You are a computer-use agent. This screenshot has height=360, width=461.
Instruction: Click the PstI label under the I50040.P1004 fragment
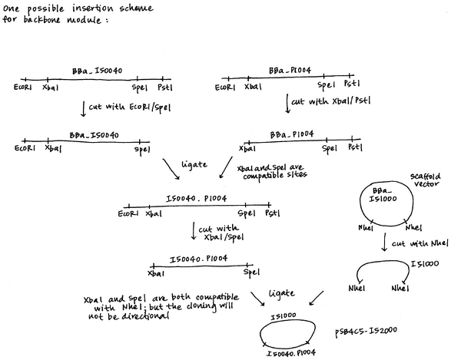pyautogui.click(x=274, y=214)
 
